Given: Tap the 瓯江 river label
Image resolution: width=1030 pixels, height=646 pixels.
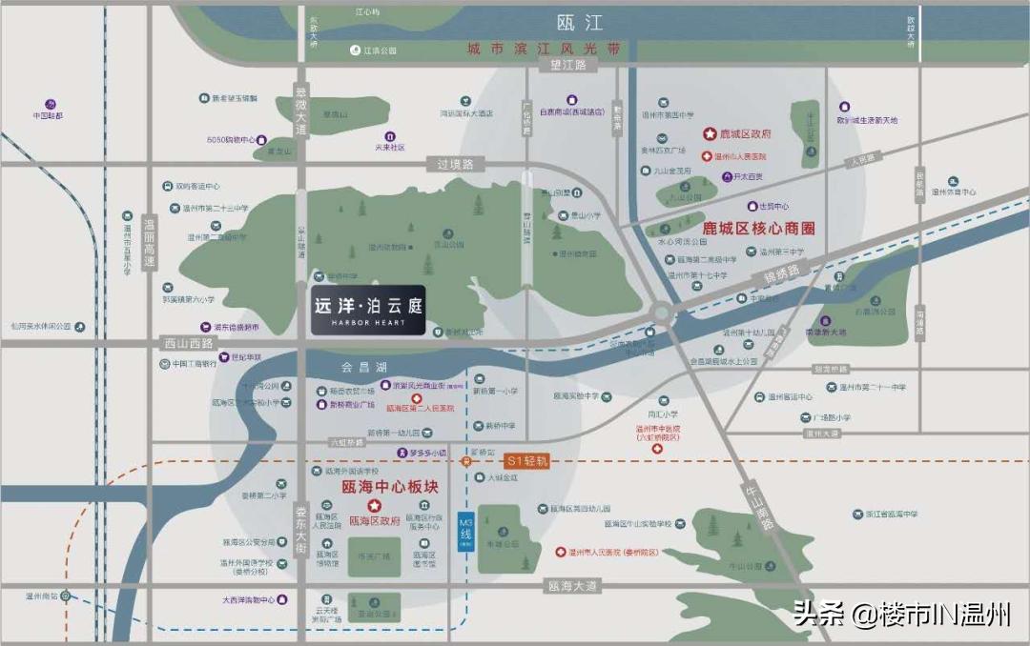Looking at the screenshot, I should pos(581,22).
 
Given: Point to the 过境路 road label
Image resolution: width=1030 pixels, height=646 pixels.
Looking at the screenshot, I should pos(456,164).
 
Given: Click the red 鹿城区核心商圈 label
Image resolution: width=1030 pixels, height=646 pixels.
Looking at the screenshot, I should pos(759,229).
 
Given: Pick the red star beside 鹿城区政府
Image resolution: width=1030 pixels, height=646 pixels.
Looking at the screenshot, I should pos(709,134).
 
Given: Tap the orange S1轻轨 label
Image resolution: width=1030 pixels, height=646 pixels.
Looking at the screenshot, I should pos(528,459).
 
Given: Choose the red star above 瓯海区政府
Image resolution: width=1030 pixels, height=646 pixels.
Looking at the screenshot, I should pos(375,505).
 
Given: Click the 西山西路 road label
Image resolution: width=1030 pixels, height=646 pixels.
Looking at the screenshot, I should pos(185,341).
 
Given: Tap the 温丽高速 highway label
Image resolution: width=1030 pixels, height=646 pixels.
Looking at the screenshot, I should pos(148,244).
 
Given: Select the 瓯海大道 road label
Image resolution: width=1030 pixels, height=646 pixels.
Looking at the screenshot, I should pos(572,586).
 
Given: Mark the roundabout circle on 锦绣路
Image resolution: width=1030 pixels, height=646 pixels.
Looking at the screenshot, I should pos(661,312).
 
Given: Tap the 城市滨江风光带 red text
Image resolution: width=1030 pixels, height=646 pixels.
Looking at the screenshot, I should pos(543,48).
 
